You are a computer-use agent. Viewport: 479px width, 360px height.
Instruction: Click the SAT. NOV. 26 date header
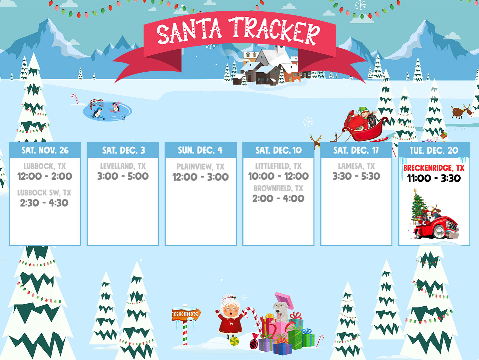click(x=45, y=150)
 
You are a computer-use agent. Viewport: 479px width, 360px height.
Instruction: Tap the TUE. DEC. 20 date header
click(x=434, y=150)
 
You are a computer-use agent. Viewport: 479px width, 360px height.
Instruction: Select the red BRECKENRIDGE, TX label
click(x=434, y=168)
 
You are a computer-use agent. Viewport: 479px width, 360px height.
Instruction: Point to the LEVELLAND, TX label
click(x=123, y=166)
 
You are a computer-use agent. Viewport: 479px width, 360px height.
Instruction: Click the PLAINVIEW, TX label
click(x=201, y=167)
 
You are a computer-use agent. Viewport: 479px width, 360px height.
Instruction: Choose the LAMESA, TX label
click(x=356, y=166)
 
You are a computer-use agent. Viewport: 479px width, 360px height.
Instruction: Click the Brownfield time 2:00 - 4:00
click(x=278, y=199)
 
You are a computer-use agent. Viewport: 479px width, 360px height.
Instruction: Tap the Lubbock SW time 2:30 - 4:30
click(x=44, y=203)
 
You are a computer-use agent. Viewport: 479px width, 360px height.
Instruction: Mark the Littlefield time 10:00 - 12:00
click(x=278, y=176)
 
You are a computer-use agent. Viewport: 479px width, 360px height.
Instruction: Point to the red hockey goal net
click(x=97, y=103)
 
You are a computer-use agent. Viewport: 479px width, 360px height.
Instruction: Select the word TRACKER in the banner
click(x=274, y=31)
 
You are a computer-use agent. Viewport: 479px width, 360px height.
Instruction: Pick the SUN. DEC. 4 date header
click(x=200, y=150)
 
